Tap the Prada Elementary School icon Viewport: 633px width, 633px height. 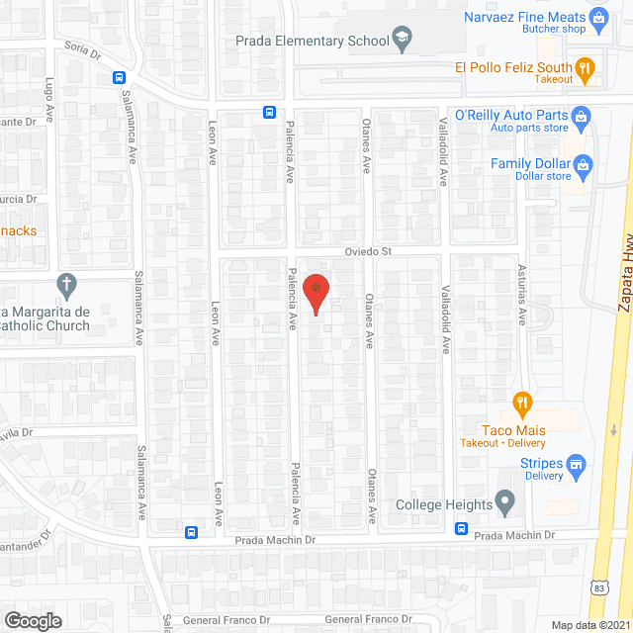click(402, 41)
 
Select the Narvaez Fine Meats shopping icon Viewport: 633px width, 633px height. click(597, 17)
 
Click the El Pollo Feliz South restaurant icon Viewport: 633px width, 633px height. click(585, 68)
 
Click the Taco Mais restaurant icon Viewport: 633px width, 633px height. click(523, 403)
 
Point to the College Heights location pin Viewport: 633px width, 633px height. click(505, 504)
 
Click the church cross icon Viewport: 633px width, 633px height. click(67, 286)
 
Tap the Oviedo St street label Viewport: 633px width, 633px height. click(368, 252)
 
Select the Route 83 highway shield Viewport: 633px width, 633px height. click(600, 587)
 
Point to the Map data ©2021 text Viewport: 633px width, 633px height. click(589, 625)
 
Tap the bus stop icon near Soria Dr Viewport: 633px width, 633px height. click(119, 78)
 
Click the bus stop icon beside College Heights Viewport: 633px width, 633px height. click(461, 528)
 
